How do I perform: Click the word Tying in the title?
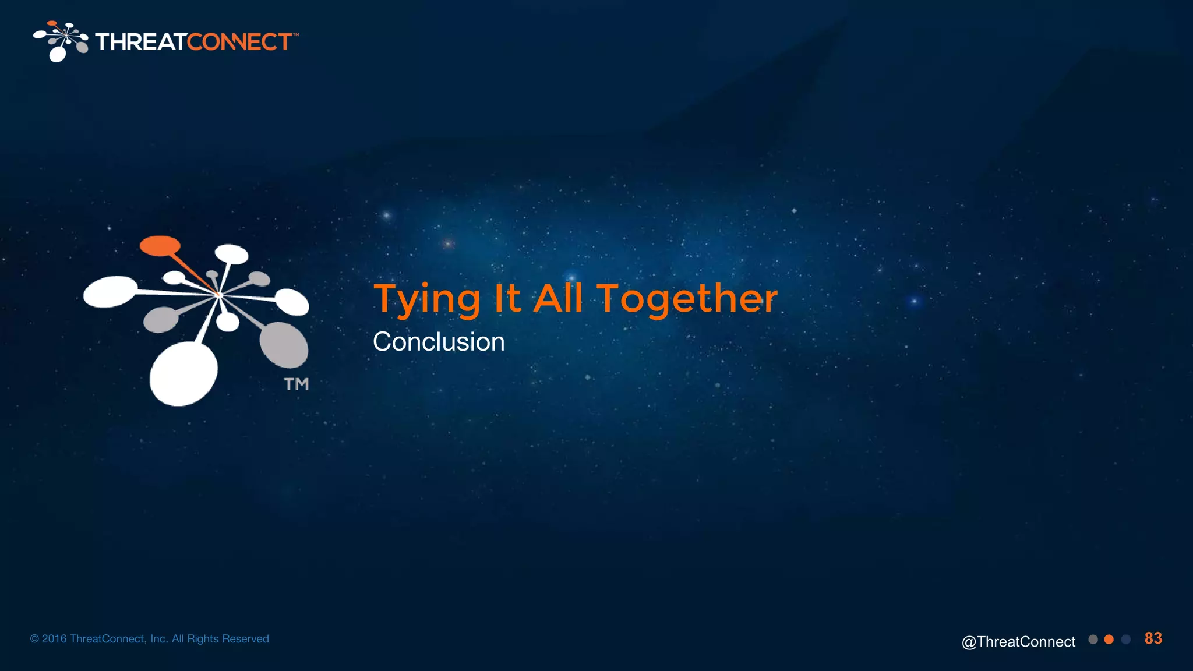[x=427, y=299]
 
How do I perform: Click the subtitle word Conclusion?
[x=439, y=342]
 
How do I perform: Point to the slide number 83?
[x=1153, y=638]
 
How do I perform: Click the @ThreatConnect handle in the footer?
[x=1018, y=641]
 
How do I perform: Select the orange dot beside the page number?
[x=1109, y=640]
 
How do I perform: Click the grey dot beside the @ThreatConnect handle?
[x=1093, y=640]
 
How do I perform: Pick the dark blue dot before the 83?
[x=1126, y=640]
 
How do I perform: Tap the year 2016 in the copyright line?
[x=54, y=639]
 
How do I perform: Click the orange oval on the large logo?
[x=160, y=245]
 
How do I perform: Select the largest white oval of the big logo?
[x=183, y=373]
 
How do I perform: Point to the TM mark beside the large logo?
[x=297, y=384]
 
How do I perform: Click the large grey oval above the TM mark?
[x=284, y=344]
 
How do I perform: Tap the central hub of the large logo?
[x=219, y=295]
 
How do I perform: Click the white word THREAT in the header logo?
[x=140, y=42]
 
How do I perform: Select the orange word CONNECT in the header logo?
[x=239, y=42]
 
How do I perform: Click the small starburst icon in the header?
[x=61, y=41]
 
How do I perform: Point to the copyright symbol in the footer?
[x=34, y=639]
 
